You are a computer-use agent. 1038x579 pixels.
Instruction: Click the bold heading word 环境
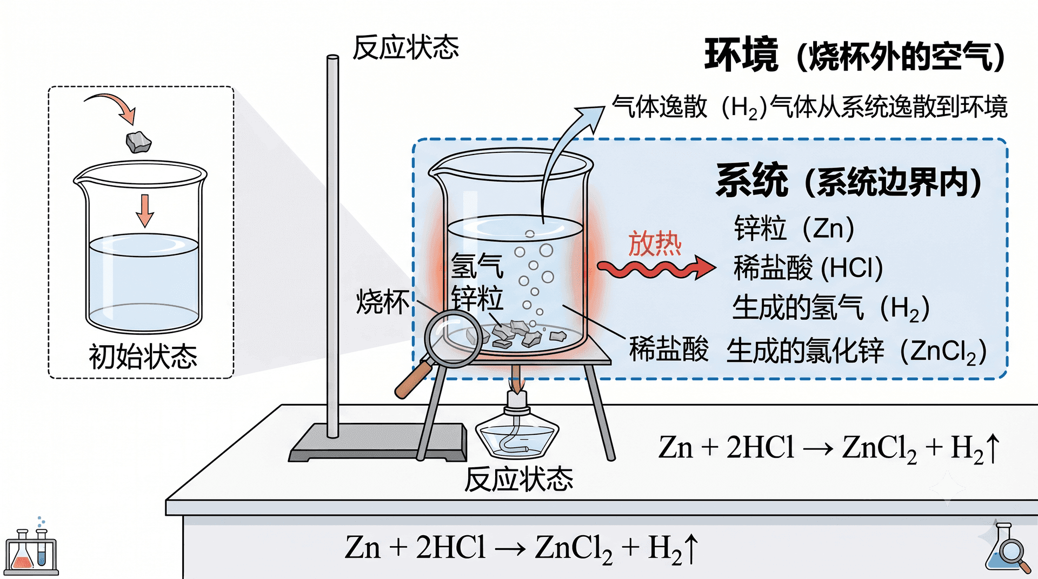point(741,55)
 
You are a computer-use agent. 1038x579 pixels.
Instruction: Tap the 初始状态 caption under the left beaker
point(143,356)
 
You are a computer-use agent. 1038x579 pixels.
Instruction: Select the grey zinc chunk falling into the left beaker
point(138,142)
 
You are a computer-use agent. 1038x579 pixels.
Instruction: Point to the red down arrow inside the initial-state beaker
point(144,211)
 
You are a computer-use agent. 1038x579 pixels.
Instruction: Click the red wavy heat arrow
point(656,267)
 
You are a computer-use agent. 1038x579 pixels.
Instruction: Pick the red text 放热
point(655,244)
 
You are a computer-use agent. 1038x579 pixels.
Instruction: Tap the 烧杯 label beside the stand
point(383,301)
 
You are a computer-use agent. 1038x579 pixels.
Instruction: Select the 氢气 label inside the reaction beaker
point(477,265)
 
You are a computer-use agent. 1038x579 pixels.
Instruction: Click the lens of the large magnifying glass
point(453,339)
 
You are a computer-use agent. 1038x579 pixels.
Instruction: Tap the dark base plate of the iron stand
point(378,442)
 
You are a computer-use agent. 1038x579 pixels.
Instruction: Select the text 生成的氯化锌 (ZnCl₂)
point(856,351)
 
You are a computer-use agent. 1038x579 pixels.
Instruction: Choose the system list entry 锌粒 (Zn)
point(794,228)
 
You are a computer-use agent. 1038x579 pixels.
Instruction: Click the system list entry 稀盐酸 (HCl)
point(808,268)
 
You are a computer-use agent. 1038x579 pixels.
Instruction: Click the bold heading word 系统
point(751,180)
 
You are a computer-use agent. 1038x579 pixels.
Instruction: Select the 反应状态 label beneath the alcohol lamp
point(518,479)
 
